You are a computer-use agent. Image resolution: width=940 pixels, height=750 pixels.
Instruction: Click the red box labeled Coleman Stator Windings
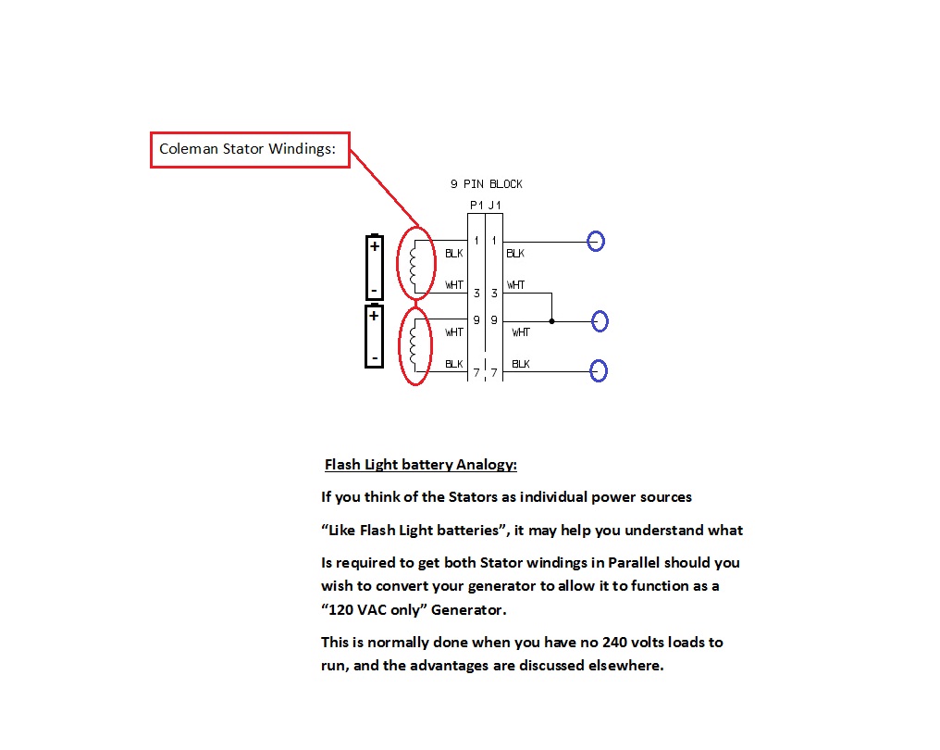tap(250, 149)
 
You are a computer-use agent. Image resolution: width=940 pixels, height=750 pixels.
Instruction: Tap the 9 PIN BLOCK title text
tap(486, 184)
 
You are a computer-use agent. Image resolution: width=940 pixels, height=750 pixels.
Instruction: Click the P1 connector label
tap(476, 206)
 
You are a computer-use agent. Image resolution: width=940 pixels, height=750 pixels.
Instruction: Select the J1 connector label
tap(495, 206)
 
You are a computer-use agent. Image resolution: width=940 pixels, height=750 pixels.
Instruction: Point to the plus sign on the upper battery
tap(375, 246)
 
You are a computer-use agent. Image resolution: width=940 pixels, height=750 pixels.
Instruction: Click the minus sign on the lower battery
tap(375, 356)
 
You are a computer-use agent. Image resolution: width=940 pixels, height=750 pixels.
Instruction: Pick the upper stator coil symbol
tap(415, 264)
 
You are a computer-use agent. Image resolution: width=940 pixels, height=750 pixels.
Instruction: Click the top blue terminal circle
tap(597, 242)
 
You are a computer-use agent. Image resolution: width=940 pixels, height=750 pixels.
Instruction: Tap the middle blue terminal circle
tap(600, 321)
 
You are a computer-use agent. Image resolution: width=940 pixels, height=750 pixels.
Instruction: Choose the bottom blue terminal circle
tap(600, 371)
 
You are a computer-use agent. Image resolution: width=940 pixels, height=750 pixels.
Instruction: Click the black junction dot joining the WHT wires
tap(552, 321)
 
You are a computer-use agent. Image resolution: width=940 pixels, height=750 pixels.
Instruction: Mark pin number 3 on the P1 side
tap(476, 294)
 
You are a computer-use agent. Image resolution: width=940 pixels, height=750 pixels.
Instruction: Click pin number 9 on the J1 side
tap(494, 320)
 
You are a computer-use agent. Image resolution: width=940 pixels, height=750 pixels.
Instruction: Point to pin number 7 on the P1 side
tap(476, 373)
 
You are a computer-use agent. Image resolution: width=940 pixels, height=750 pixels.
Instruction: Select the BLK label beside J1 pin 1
tap(514, 253)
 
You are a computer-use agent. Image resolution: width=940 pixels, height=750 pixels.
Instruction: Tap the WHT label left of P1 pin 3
tap(454, 285)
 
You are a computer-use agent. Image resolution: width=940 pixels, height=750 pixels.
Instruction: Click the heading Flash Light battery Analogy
tap(420, 465)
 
